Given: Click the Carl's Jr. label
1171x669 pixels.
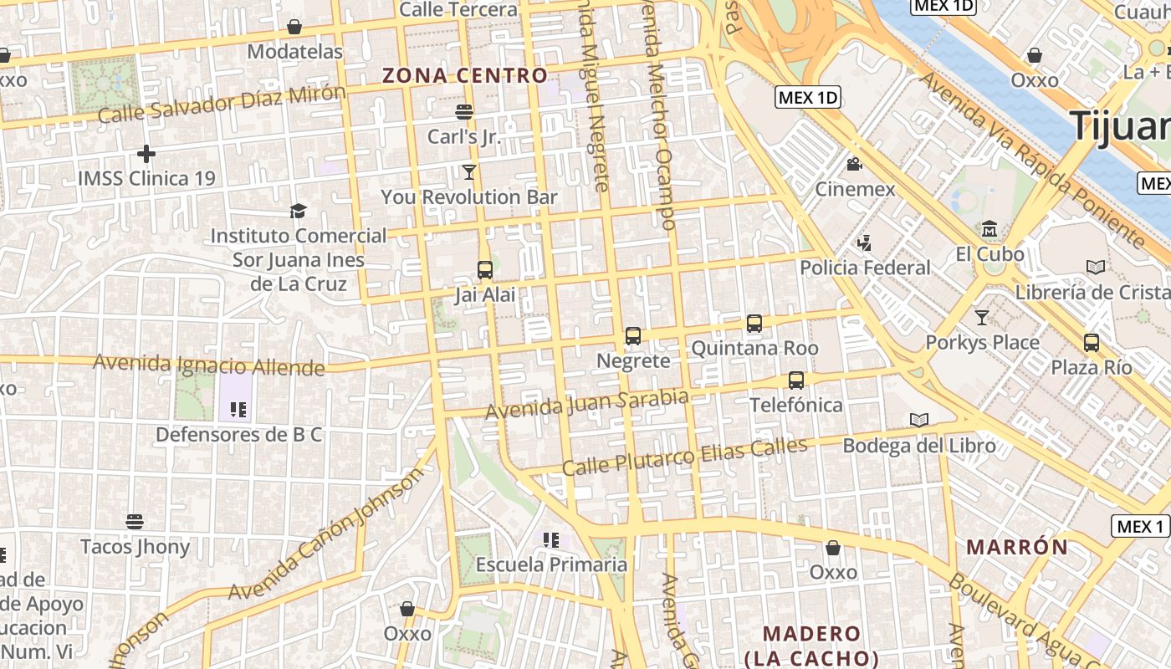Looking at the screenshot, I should coord(464,135).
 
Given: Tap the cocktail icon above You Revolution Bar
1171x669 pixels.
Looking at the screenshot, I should coord(468,172).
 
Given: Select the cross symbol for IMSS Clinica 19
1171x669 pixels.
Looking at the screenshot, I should coord(146,154).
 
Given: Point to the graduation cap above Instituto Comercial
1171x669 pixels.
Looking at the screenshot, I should coord(298,211).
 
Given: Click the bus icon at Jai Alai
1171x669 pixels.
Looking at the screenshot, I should coord(485,269).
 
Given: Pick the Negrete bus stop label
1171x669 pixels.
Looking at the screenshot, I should coord(633,360).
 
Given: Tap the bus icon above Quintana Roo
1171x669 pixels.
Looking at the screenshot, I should coord(754,324).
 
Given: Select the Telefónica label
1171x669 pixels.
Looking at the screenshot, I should coord(795,405).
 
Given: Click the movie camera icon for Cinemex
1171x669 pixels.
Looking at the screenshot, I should coord(854,165).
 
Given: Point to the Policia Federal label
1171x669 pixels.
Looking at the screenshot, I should coord(865,268).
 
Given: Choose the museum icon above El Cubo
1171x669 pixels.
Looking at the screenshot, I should coord(989,228).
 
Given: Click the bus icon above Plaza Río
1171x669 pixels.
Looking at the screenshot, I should coord(1092,342).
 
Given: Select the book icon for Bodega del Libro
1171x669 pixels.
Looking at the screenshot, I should coord(919,420).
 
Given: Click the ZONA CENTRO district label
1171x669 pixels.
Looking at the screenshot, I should coord(465,75).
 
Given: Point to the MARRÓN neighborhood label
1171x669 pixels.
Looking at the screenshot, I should coord(1017,548).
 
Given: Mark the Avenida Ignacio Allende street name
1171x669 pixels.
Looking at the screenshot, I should coord(208,365).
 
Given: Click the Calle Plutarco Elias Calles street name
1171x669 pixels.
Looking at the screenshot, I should coord(684,456).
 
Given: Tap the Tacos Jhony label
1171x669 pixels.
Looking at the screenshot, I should coord(135,547).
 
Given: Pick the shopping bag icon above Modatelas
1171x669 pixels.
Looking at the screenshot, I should coord(294,27).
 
